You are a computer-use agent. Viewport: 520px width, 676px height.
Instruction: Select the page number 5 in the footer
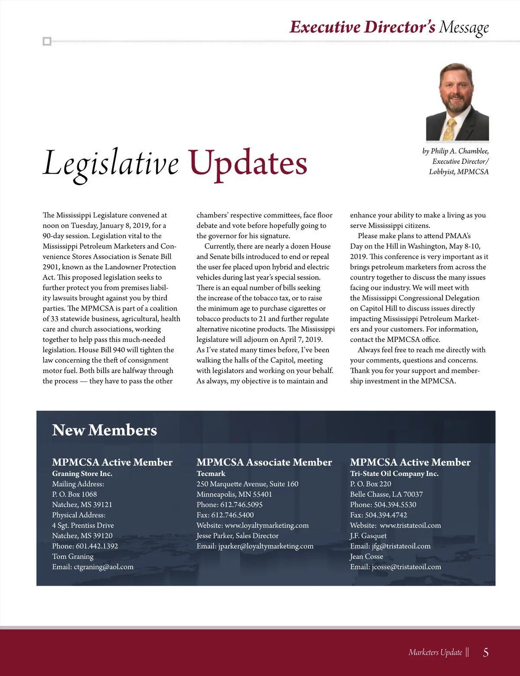pos(486,652)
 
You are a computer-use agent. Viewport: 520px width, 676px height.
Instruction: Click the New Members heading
pos(104,430)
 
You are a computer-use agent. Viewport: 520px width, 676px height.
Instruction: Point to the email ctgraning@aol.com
pos(104,567)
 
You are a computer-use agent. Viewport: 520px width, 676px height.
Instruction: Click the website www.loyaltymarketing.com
pos(266,525)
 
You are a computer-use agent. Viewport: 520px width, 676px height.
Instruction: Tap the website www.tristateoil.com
pos(410,525)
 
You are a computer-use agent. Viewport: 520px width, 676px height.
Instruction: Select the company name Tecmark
pos(211,473)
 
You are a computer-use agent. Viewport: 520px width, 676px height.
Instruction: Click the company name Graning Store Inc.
pos(82,473)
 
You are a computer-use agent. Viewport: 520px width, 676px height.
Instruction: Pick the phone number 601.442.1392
pos(97,546)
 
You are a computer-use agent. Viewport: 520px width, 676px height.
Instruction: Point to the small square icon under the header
pos(47,42)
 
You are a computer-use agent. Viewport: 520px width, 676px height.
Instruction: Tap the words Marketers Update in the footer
pos(435,652)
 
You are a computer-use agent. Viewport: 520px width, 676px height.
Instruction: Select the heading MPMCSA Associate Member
pos(264,462)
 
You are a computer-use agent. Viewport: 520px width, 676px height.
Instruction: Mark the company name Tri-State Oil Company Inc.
pos(394,473)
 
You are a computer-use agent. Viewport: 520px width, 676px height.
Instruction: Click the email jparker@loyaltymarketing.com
pos(266,546)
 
